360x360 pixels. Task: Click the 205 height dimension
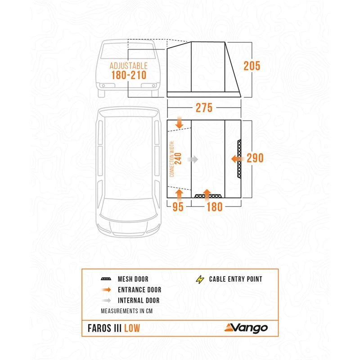pos(252,66)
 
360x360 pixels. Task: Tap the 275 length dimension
pos(204,108)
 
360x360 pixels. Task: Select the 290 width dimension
pos(254,158)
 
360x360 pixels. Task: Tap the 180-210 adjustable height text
pos(129,75)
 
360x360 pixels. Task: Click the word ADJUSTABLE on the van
pos(129,65)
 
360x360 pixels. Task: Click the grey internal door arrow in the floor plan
pos(193,159)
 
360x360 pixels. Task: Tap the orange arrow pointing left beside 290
pos(236,158)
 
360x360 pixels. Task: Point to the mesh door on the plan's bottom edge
pos(208,197)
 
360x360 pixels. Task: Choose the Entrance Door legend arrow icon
pos(106,290)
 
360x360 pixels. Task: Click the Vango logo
pos(246,328)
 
